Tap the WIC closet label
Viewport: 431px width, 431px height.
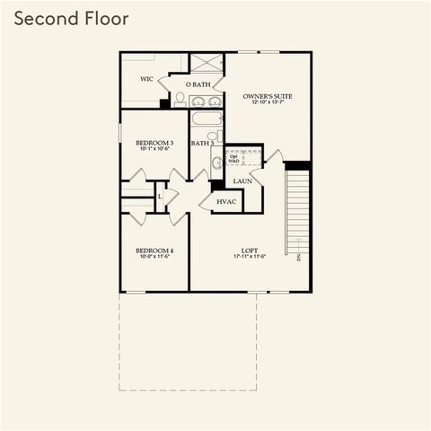(x=148, y=78)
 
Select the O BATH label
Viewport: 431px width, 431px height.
(x=198, y=84)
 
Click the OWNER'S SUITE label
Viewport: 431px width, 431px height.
(x=268, y=95)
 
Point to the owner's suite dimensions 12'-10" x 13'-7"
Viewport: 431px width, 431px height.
(x=268, y=102)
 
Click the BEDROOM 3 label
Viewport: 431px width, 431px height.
(x=154, y=143)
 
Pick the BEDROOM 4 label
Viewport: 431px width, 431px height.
(x=154, y=250)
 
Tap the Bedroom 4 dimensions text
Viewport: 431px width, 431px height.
(x=154, y=257)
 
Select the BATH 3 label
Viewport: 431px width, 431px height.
(x=201, y=143)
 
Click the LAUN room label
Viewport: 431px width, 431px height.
(x=242, y=180)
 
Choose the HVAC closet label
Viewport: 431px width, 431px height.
(x=227, y=202)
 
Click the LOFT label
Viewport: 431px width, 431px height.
(x=250, y=250)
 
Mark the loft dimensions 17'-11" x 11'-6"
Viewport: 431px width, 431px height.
(x=250, y=257)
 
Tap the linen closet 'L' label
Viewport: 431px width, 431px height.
(x=160, y=196)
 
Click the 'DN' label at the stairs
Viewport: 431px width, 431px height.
(x=297, y=258)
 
